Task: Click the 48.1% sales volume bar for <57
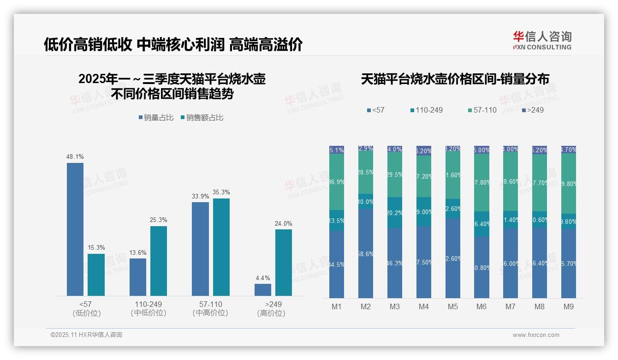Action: [x=75, y=229]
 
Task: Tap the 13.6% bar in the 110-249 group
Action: [x=138, y=277]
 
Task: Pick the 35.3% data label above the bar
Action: [x=221, y=192]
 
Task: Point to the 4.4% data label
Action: [x=263, y=278]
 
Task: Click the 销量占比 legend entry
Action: [x=156, y=118]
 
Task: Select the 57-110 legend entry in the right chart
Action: [x=482, y=110]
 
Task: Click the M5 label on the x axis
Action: [x=452, y=307]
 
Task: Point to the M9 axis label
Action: [x=569, y=307]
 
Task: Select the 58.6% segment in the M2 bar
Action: [x=366, y=253]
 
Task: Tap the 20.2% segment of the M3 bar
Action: [x=395, y=212]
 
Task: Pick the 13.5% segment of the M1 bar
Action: [x=337, y=220]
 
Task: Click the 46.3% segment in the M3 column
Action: [x=395, y=263]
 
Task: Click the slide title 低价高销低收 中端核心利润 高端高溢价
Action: [x=173, y=45]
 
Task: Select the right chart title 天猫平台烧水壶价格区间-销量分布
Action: [x=455, y=79]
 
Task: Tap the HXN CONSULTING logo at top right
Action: [x=542, y=40]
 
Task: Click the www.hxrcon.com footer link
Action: [x=536, y=335]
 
